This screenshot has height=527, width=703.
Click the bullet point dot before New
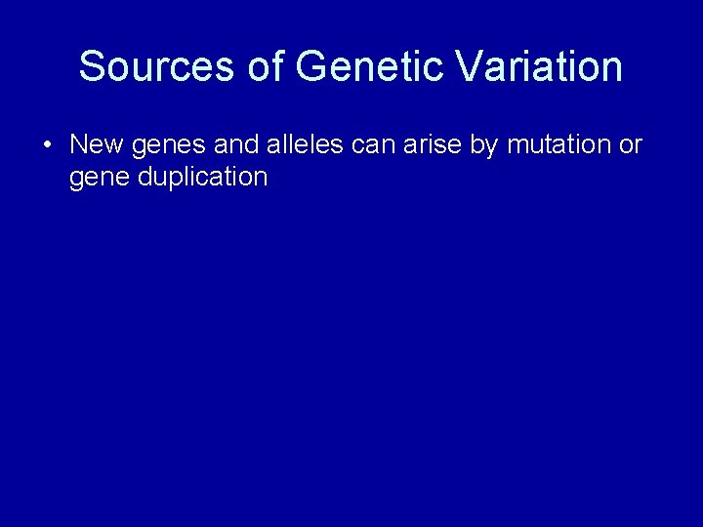point(47,145)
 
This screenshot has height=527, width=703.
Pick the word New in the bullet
point(93,145)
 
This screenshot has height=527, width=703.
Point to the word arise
point(435,145)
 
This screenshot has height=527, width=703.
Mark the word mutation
point(558,145)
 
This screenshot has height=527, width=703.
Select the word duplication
point(201,178)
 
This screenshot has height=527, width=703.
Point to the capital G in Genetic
point(310,66)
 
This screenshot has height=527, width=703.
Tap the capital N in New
point(79,145)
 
